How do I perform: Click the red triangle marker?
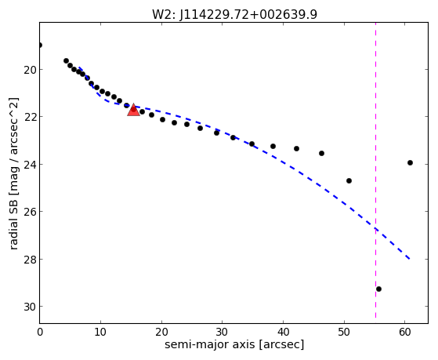(x=133, y=110)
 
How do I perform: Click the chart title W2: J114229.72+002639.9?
(x=234, y=14)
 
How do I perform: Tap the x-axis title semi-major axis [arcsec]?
(x=234, y=344)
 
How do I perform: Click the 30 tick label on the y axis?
(x=31, y=307)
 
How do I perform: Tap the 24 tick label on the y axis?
(x=31, y=164)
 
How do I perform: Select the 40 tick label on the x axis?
(x=283, y=332)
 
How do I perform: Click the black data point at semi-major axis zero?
(x=40, y=45)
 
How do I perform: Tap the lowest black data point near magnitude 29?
(x=378, y=289)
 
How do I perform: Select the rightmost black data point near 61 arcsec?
(x=410, y=163)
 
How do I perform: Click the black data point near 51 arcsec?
(x=349, y=181)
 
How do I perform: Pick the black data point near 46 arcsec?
(x=321, y=153)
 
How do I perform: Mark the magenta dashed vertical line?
(x=375, y=170)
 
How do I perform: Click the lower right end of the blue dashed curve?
(x=410, y=260)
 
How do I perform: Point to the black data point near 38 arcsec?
(x=273, y=147)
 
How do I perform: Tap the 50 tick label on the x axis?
(x=344, y=332)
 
